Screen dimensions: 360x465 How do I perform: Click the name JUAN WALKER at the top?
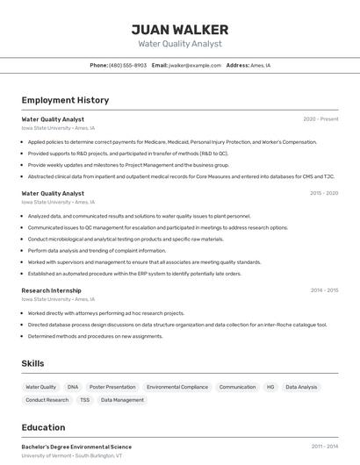(x=179, y=29)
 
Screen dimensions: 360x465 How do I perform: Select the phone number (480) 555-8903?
(x=127, y=65)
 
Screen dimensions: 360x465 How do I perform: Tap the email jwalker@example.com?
(x=195, y=65)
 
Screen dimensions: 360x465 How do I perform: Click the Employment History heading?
(x=65, y=100)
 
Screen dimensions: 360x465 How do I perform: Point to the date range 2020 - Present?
(x=320, y=118)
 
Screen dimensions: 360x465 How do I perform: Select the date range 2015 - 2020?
(x=324, y=193)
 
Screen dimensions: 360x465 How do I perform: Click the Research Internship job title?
(x=51, y=290)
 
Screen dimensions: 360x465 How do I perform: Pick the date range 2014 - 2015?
(x=324, y=290)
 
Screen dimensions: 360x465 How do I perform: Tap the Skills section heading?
(x=33, y=363)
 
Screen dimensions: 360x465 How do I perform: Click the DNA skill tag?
(x=73, y=387)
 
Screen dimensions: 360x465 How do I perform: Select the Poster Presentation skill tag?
(x=112, y=387)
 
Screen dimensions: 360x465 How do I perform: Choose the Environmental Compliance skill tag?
(x=177, y=387)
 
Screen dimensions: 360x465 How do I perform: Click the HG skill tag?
(x=270, y=387)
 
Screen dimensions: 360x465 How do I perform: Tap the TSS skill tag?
(x=84, y=400)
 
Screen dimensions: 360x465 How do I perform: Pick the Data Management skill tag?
(x=122, y=400)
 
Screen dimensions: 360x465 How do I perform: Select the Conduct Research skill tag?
(x=47, y=400)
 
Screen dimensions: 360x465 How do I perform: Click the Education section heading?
(x=43, y=428)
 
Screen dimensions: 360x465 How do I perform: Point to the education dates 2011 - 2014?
(x=324, y=447)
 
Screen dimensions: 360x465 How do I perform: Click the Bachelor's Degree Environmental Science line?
(x=76, y=447)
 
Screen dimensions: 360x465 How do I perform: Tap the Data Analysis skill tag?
(x=301, y=387)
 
